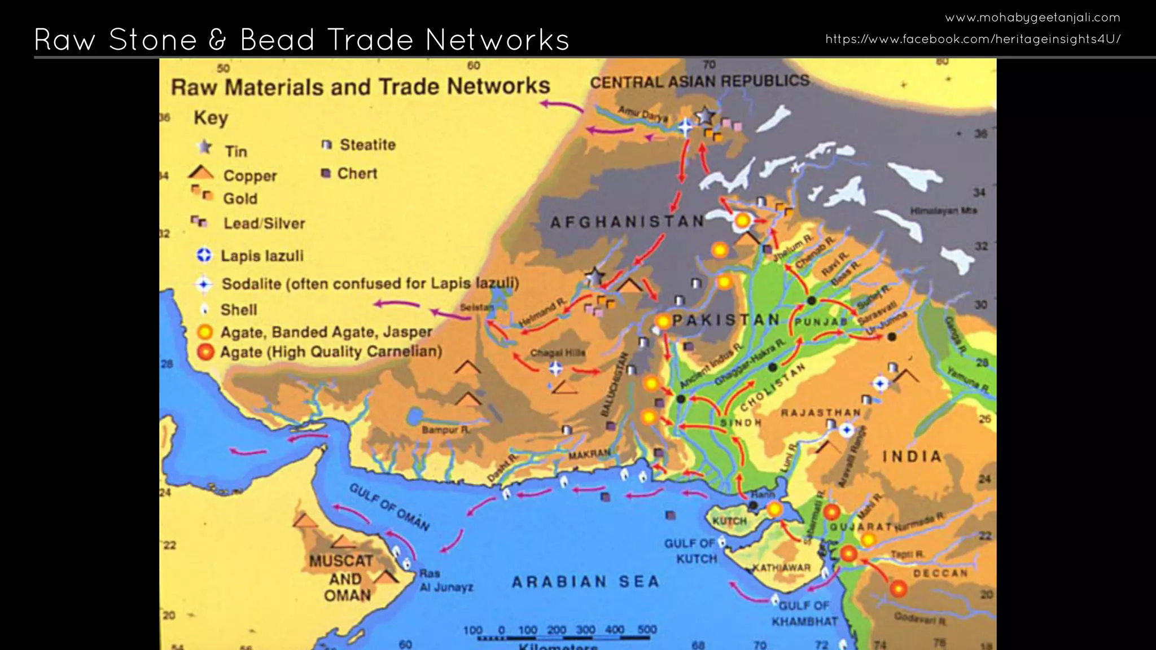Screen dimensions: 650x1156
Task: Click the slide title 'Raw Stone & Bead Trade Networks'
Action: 301,39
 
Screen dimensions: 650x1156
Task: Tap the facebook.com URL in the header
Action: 973,39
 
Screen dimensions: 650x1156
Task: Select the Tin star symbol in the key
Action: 204,148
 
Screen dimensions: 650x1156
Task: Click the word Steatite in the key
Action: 367,145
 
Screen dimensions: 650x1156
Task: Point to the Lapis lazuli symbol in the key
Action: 204,256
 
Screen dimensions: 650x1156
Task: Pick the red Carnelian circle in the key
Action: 205,352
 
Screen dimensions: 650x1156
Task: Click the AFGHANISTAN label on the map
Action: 627,222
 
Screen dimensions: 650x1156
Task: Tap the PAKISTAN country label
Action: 726,320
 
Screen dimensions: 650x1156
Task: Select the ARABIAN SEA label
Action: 585,582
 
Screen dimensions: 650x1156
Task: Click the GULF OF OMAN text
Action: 389,507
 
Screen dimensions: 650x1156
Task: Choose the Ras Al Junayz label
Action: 446,581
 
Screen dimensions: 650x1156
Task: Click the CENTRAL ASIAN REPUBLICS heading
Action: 699,81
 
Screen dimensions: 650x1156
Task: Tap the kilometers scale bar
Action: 562,638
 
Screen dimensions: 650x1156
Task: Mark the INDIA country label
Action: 912,456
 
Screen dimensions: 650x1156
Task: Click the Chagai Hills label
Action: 558,353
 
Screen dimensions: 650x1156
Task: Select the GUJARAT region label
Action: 861,526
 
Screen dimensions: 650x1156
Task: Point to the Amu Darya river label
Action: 642,113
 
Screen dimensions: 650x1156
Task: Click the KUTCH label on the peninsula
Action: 729,521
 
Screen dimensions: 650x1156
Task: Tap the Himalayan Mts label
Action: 943,210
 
